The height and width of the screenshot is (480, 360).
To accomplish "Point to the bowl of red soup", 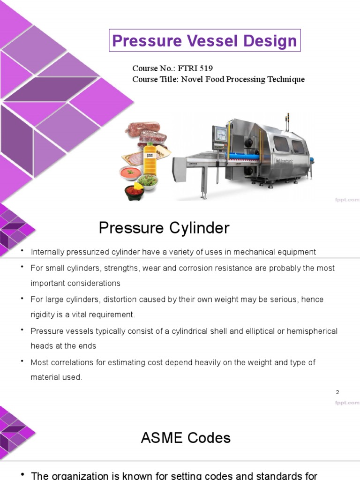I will pyautogui.click(x=131, y=173).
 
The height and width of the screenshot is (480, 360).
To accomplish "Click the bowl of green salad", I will pyautogui.click(x=148, y=180).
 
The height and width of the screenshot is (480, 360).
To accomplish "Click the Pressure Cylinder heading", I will pyautogui.click(x=164, y=228).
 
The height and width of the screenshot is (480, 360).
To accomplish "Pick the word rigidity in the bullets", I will pyautogui.click(x=44, y=315).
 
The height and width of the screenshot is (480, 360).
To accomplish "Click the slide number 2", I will pyautogui.click(x=337, y=392).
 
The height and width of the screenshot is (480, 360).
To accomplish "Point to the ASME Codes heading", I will pyautogui.click(x=186, y=438).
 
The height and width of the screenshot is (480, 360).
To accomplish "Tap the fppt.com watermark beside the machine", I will pyautogui.click(x=347, y=200).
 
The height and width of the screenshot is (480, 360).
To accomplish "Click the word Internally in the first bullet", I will pyautogui.click(x=48, y=252).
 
